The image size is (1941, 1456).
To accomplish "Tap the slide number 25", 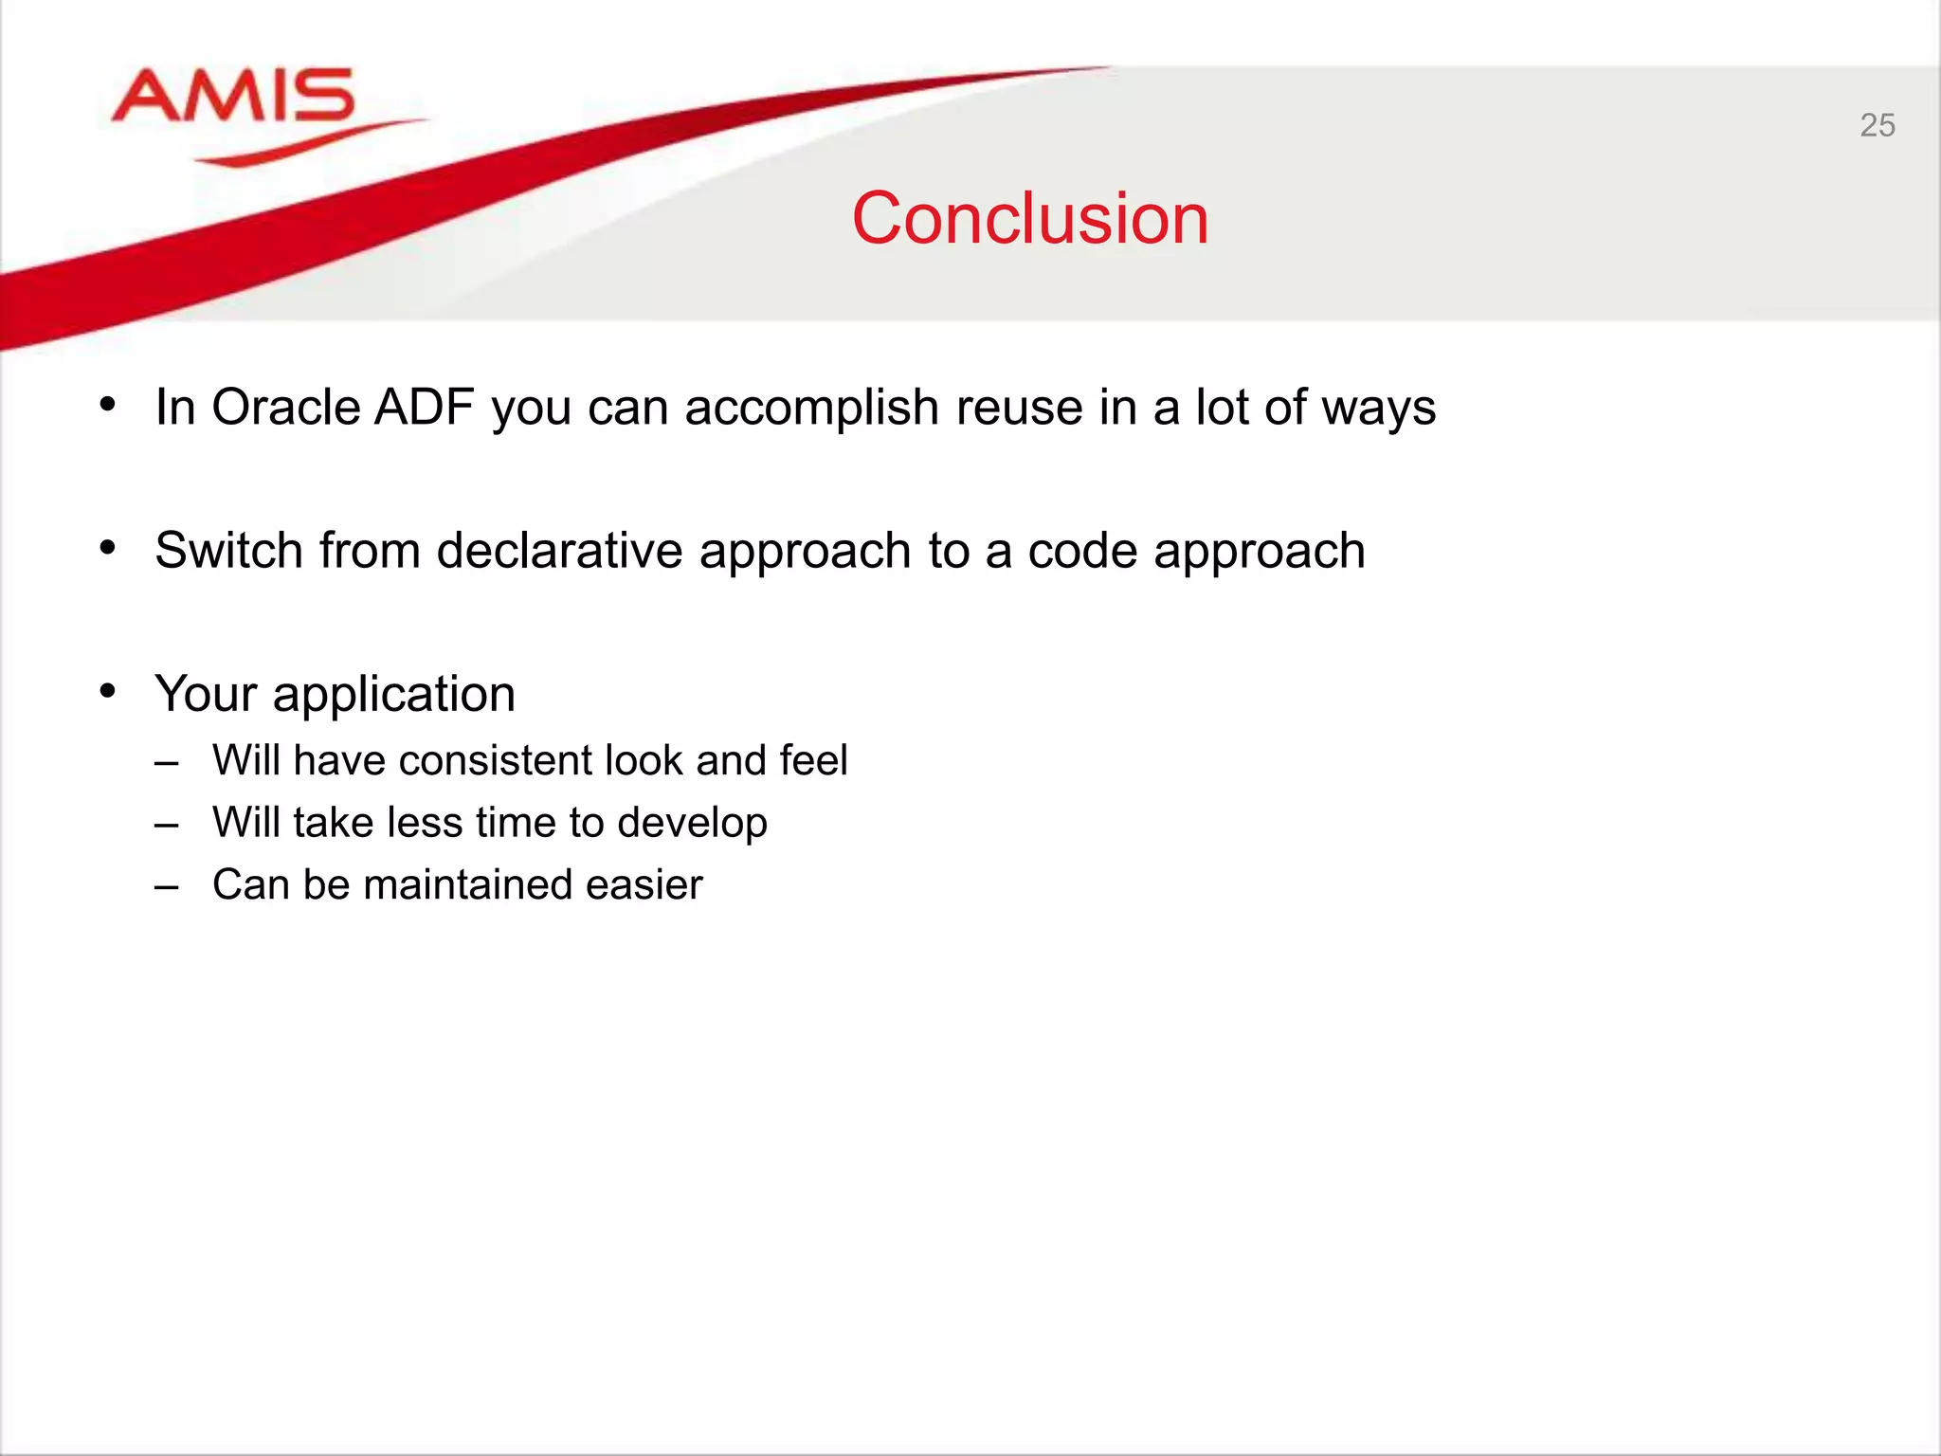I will tap(1877, 125).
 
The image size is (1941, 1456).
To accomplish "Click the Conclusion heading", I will tap(1030, 219).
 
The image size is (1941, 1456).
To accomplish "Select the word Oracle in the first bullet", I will tap(285, 408).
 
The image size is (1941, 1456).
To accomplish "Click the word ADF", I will tap(425, 408).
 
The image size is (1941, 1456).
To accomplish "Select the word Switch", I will tap(227, 550).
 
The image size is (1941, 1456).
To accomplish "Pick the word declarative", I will tap(559, 550).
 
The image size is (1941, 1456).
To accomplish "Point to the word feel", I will tap(813, 760).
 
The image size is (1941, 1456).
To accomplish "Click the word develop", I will tap(692, 823).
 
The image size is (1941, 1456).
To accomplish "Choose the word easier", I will tap(644, 884).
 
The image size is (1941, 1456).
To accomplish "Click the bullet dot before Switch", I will tap(108, 548).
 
